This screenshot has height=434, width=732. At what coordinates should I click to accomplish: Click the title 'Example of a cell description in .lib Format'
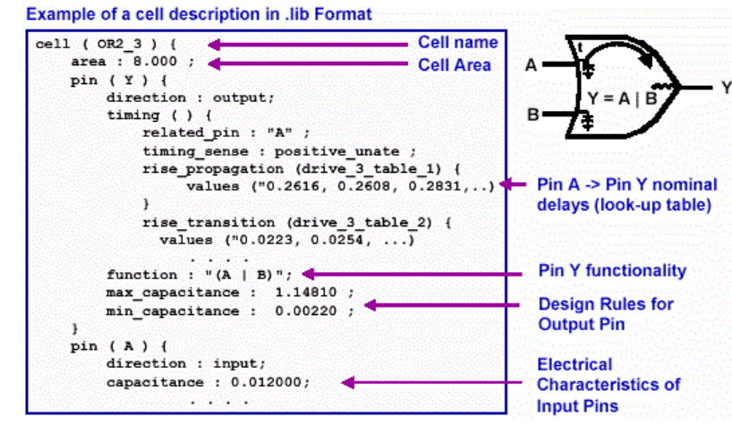[200, 14]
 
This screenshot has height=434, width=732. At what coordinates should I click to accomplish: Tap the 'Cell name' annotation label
[457, 43]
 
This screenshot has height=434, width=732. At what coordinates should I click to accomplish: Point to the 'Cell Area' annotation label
[454, 64]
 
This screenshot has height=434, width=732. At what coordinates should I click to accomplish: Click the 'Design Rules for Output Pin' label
[606, 313]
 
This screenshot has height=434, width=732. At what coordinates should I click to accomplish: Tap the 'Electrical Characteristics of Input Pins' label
[608, 385]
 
